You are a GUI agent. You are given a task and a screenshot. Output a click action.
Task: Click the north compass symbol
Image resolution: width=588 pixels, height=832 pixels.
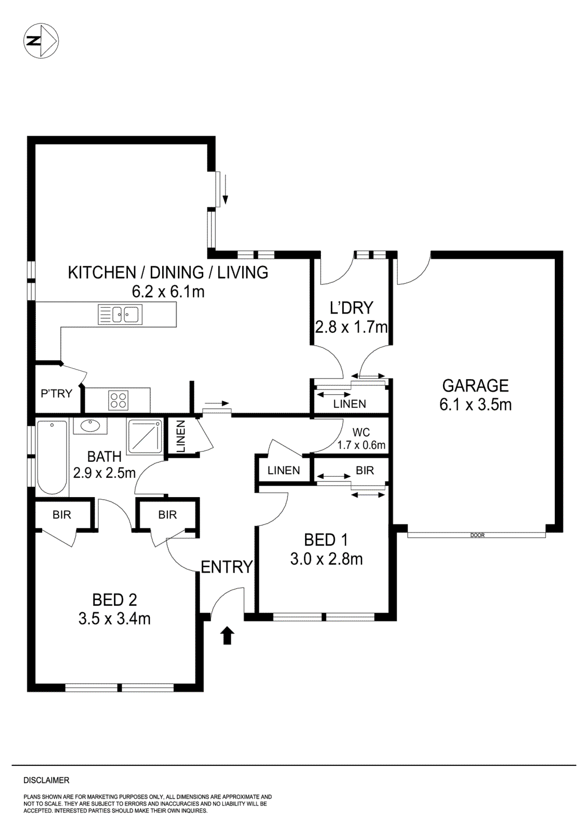point(41,41)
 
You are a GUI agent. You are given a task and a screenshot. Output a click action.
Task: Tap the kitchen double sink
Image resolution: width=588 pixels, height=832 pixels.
point(120,315)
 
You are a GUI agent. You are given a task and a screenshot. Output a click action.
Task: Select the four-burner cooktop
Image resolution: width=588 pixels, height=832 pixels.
point(119,400)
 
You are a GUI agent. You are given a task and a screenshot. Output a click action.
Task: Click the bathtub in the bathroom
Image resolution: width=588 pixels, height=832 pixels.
point(52,457)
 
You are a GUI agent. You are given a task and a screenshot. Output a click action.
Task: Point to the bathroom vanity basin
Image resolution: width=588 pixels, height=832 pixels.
point(90,426)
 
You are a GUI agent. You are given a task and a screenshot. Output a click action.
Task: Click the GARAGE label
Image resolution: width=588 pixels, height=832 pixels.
point(475,385)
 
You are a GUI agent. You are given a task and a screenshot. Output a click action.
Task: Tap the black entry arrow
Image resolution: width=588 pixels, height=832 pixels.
point(227,635)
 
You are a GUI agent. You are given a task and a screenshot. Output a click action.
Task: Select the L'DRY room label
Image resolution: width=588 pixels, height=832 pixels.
point(351,308)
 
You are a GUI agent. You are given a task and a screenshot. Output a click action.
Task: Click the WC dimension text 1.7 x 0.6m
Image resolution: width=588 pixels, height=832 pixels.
point(361,445)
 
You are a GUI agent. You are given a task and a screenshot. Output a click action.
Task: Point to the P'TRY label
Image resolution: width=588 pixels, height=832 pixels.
point(56,394)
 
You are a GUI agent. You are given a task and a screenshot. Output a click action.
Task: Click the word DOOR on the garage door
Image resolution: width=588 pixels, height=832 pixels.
point(477,535)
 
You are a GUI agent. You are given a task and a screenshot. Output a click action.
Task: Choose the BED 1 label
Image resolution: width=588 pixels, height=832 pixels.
point(326,540)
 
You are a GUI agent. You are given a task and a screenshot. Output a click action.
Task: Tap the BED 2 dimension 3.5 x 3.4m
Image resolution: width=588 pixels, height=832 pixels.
point(114,619)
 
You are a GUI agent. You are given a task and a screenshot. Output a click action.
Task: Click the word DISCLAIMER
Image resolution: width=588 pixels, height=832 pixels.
point(46,780)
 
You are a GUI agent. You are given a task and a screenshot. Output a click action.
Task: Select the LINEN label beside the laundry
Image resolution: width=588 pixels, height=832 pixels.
point(349,404)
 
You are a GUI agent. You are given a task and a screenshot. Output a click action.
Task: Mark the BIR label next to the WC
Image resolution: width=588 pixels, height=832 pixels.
point(364,471)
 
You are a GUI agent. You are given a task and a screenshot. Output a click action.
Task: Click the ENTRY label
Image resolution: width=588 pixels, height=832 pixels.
point(227,567)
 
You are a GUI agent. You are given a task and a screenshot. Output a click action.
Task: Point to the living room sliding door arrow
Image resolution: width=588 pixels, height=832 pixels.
point(226,189)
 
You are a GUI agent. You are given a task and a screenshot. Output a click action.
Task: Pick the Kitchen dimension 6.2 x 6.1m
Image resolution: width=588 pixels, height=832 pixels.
point(168,292)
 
